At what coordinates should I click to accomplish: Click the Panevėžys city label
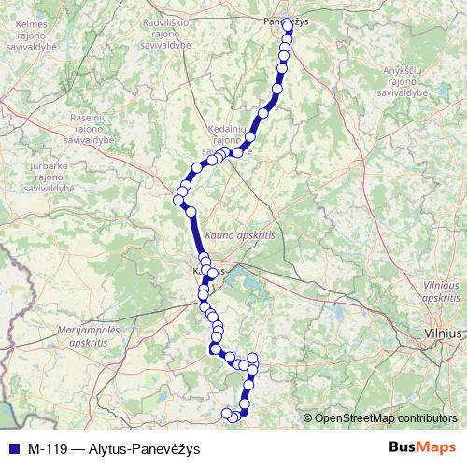285,21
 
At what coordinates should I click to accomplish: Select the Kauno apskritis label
241,237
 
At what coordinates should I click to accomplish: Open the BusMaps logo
422,447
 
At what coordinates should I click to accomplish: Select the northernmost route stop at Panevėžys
287,27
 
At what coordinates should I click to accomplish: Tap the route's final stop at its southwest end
226,414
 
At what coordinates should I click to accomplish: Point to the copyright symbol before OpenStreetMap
308,418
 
